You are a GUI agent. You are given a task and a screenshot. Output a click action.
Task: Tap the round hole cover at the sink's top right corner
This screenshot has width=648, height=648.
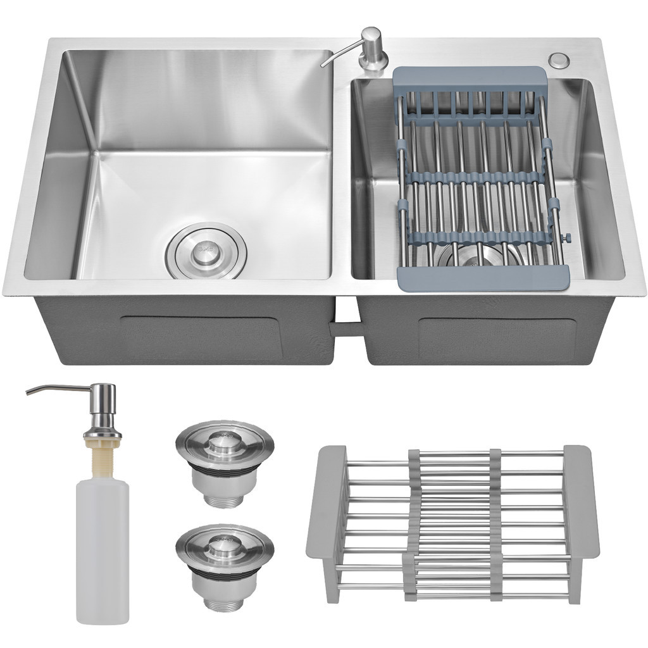[x=558, y=60]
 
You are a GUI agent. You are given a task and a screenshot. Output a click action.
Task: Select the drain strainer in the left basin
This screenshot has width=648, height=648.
[x=205, y=251]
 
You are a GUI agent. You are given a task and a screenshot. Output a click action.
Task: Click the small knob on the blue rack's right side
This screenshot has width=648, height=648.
[x=567, y=237]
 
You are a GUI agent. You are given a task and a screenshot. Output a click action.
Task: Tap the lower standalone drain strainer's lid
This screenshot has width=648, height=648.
[x=225, y=543]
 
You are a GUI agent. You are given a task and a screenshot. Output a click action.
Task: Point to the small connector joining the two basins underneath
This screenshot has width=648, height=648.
[x=346, y=327]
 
